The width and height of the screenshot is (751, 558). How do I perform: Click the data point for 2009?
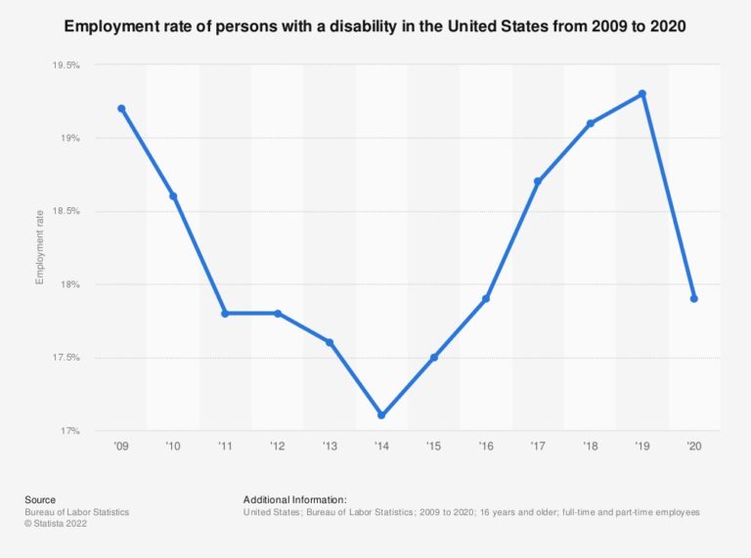tap(121, 108)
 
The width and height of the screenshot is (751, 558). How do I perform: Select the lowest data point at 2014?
tap(381, 415)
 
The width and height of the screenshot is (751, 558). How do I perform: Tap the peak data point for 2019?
tap(641, 94)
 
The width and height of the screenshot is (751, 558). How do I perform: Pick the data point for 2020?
tap(693, 299)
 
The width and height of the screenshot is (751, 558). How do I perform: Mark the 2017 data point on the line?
tap(538, 182)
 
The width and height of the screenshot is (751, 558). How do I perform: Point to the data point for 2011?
tap(225, 314)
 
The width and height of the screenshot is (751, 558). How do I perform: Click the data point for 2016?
tap(486, 299)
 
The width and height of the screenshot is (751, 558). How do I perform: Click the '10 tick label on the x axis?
tap(173, 446)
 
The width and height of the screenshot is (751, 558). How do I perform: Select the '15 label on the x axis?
tap(433, 446)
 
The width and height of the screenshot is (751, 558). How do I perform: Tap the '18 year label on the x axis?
tap(590, 446)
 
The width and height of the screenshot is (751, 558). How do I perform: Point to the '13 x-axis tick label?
tap(330, 446)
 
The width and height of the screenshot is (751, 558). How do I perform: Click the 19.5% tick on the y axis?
tap(66, 65)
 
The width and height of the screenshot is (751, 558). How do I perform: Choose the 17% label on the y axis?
tap(69, 431)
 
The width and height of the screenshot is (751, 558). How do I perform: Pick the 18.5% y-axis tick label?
tap(66, 211)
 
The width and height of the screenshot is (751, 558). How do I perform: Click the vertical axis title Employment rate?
tap(40, 248)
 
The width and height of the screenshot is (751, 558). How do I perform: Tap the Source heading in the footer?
tap(40, 499)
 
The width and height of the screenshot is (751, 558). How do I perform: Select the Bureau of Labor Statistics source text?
tap(77, 512)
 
